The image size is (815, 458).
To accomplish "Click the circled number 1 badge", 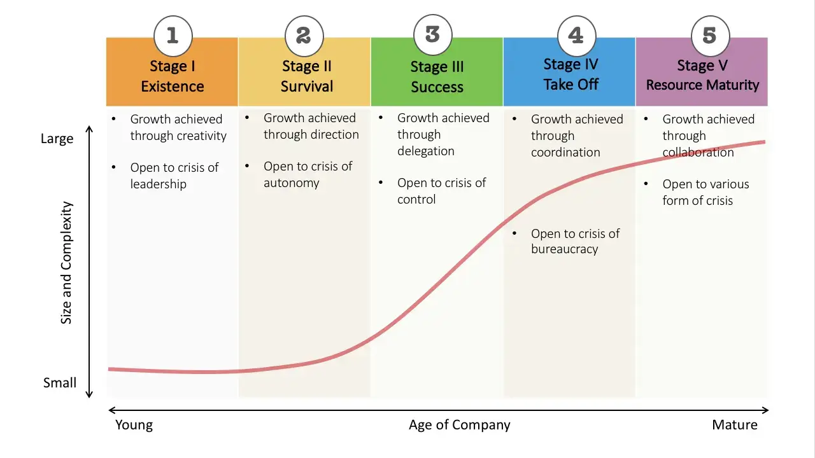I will pyautogui.click(x=173, y=36).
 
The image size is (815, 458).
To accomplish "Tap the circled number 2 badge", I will pyautogui.click(x=304, y=36).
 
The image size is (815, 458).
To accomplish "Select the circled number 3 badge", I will pyautogui.click(x=433, y=34).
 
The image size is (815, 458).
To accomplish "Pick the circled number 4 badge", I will pyautogui.click(x=576, y=36).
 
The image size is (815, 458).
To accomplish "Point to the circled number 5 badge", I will pyautogui.click(x=710, y=36).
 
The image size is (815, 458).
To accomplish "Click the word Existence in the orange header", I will pyautogui.click(x=173, y=87).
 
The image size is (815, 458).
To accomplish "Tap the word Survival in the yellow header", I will pyautogui.click(x=307, y=87).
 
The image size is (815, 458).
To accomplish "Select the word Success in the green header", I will pyautogui.click(x=437, y=87).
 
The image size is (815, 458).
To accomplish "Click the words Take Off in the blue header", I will pyautogui.click(x=570, y=85).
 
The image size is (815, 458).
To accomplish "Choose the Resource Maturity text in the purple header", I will pyautogui.click(x=702, y=85).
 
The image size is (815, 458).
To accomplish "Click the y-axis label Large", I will pyautogui.click(x=57, y=139).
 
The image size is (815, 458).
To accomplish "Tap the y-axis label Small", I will pyautogui.click(x=60, y=383).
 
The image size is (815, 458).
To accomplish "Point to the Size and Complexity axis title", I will pyautogui.click(x=66, y=263).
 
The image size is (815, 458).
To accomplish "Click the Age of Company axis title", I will pyautogui.click(x=460, y=425).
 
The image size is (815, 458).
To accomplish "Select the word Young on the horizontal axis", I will pyautogui.click(x=134, y=425).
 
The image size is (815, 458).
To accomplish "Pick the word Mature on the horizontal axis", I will pyautogui.click(x=735, y=425).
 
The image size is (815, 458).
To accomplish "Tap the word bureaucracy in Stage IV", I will pyautogui.click(x=565, y=249).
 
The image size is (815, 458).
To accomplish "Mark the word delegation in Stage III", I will pyautogui.click(x=426, y=151).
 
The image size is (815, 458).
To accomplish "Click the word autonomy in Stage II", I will pyautogui.click(x=292, y=183).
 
